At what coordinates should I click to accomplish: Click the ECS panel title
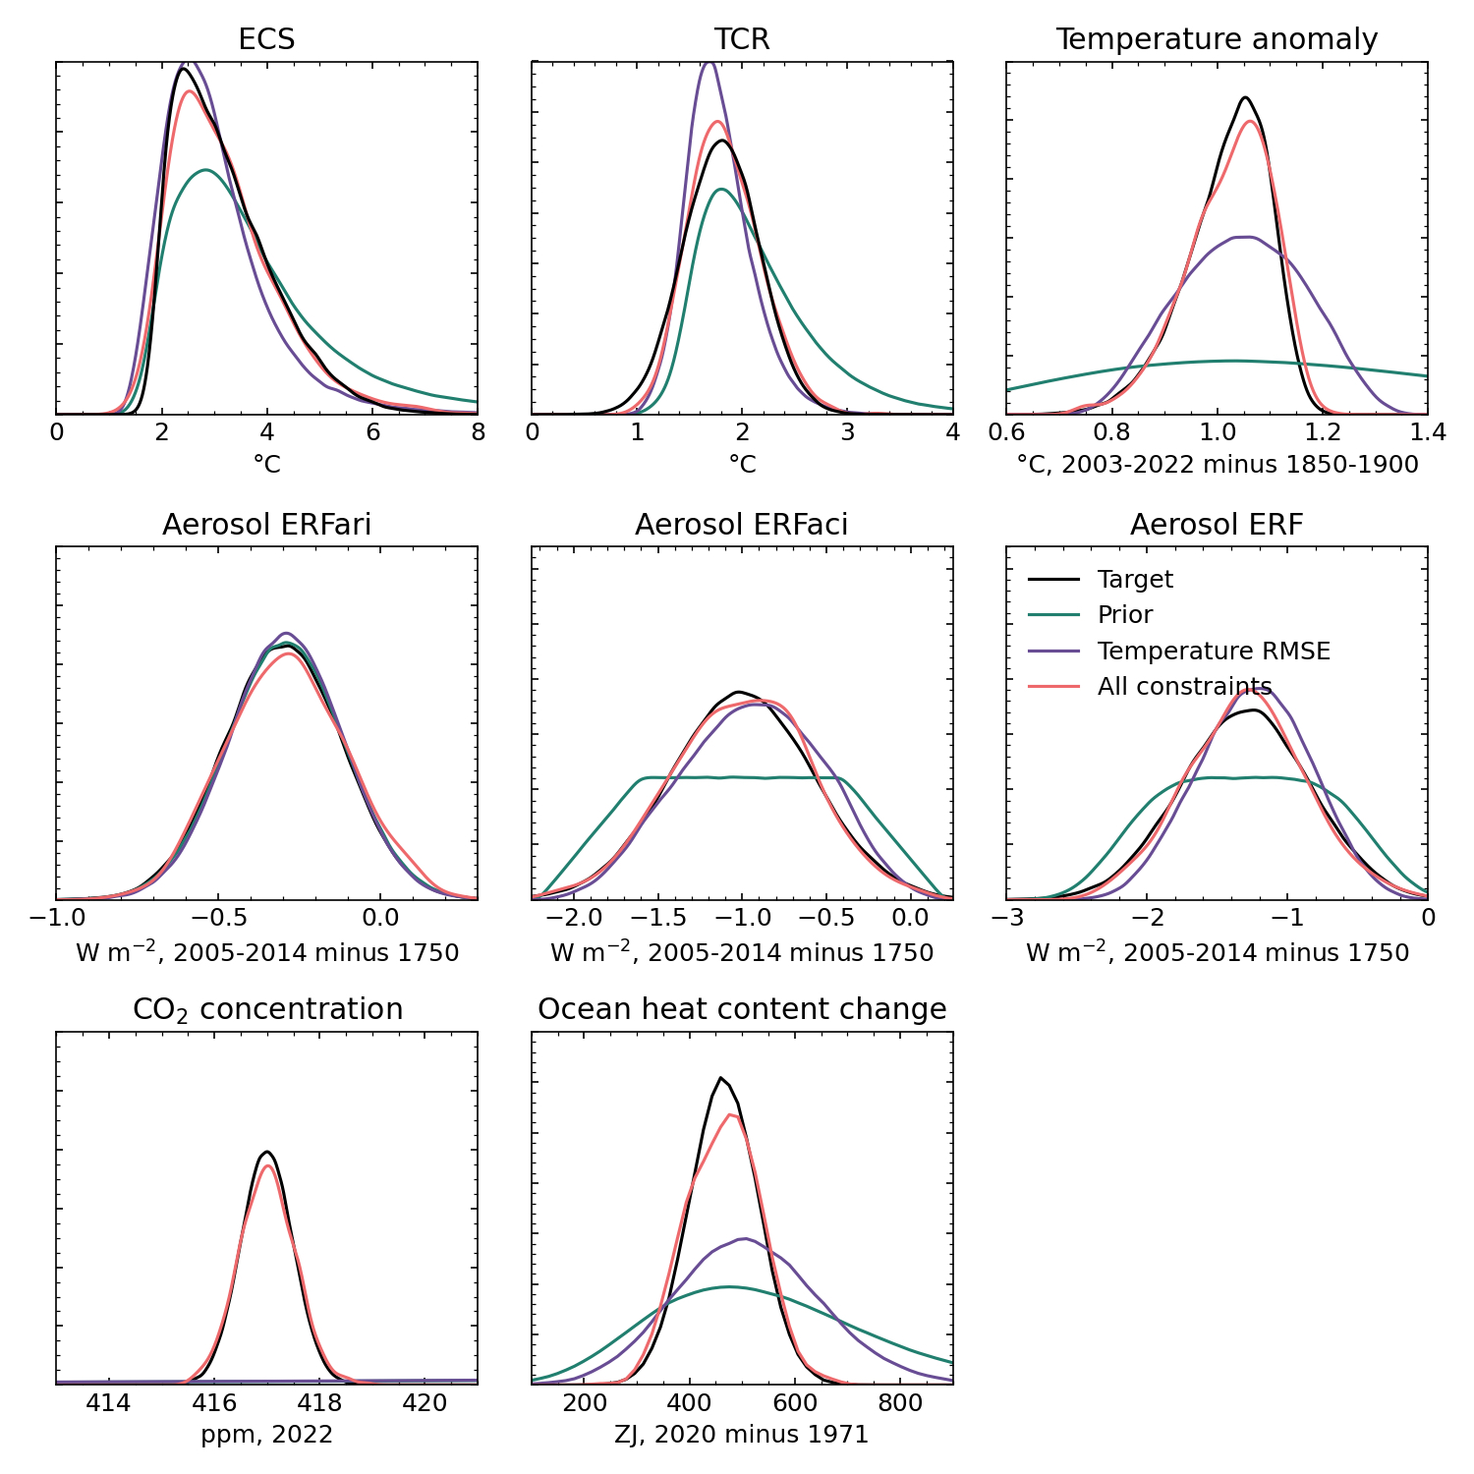(266, 39)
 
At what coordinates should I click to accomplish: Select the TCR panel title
(742, 39)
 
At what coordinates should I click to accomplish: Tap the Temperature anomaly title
(1217, 39)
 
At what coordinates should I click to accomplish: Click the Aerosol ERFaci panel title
(742, 525)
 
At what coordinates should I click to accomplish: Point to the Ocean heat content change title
(742, 1010)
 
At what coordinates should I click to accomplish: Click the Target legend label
(1135, 579)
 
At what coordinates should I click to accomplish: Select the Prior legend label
(1125, 614)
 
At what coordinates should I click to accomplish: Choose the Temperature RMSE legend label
(1214, 651)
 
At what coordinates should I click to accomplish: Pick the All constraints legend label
(1184, 686)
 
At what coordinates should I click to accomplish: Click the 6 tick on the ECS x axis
(372, 433)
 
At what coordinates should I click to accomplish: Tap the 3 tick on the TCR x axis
(847, 433)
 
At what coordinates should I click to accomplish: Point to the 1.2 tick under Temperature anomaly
(1322, 433)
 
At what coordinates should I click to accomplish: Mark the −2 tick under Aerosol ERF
(1147, 918)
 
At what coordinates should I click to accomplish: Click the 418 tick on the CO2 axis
(319, 1403)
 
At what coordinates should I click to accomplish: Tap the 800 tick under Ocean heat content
(900, 1403)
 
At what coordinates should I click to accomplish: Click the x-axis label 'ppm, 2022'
(266, 1435)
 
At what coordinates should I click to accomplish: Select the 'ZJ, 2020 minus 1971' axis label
(742, 1435)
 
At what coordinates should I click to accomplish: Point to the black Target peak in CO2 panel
(266, 1152)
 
